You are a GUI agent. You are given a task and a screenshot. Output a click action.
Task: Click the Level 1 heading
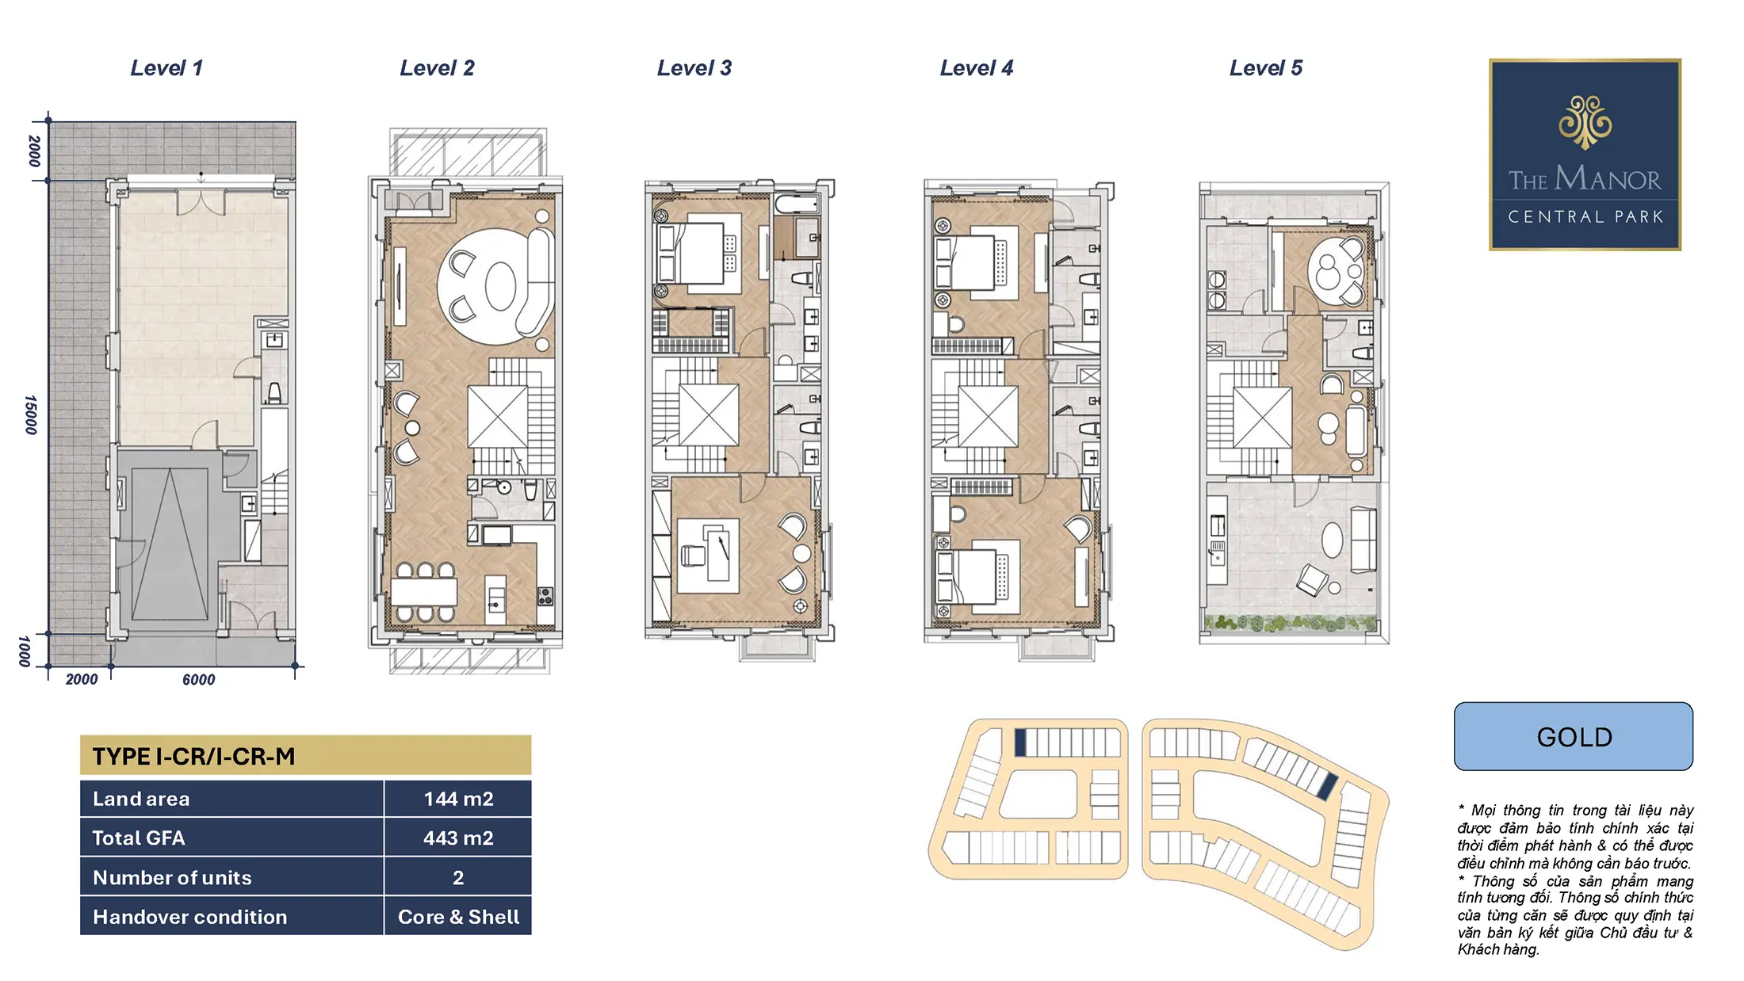point(166,68)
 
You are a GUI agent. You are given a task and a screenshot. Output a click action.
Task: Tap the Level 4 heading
point(977,68)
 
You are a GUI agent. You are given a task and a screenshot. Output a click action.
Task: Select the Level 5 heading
point(1266,68)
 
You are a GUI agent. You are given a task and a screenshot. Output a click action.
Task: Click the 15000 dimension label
point(31,414)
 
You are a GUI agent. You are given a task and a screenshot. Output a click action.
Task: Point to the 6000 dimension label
point(198,679)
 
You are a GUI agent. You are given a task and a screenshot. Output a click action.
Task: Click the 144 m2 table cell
point(458,799)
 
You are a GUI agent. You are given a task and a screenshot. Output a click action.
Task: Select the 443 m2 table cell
point(458,838)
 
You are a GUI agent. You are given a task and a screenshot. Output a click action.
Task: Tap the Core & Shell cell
point(458,917)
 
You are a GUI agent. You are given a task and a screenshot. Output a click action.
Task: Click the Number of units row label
point(172,877)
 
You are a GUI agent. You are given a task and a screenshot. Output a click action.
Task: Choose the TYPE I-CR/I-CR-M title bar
point(305,755)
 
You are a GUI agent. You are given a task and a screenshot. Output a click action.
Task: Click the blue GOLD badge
point(1574,736)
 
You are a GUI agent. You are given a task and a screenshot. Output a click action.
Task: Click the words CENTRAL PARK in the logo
point(1585,217)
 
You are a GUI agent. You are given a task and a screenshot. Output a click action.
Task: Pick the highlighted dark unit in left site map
point(1020,742)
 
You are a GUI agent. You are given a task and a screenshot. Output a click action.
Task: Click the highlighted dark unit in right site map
point(1327,785)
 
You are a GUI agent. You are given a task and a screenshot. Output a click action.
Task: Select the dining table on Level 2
point(424,592)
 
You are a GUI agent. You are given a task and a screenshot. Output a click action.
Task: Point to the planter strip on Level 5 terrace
point(1291,624)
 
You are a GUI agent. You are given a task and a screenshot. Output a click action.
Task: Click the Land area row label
point(141,799)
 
